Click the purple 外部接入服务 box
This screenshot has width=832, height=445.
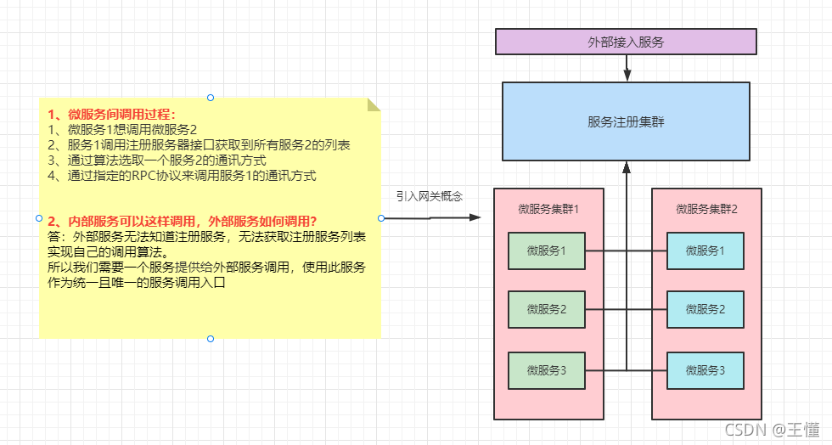point(626,41)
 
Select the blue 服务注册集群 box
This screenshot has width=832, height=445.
point(626,121)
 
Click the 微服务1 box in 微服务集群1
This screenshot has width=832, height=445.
point(546,251)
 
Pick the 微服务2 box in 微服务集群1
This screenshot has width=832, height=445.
point(546,310)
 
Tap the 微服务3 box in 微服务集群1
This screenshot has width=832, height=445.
point(546,370)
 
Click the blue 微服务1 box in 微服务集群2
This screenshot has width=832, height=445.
point(705,251)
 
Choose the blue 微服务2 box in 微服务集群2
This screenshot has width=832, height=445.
point(705,310)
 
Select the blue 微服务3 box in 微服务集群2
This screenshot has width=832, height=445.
point(705,370)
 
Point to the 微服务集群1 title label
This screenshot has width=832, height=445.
point(548,208)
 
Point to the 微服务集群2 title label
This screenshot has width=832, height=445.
point(707,208)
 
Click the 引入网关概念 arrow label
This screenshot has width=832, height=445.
point(430,196)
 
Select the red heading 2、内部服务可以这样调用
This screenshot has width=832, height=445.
point(183,222)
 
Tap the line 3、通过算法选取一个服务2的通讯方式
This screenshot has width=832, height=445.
point(157,161)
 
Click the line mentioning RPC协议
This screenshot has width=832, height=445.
point(182,176)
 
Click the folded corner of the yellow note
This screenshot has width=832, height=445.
point(374,104)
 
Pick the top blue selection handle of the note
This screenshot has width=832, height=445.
point(211,98)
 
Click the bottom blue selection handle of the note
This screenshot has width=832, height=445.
point(211,339)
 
